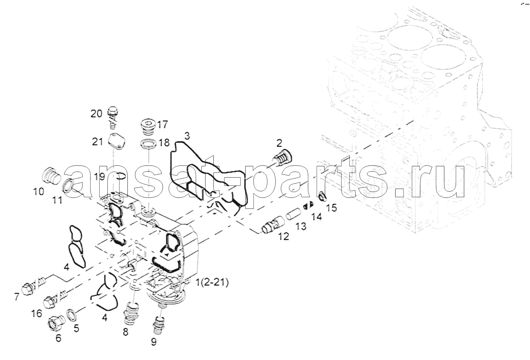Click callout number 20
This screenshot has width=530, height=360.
[96, 114]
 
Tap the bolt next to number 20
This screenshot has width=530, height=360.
[113, 117]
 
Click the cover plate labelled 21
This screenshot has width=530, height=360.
[117, 142]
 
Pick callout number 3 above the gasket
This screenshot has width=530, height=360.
[187, 136]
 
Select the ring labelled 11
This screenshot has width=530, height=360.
[68, 185]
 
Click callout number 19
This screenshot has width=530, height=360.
[99, 176]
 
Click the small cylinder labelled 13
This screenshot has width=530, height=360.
[293, 212]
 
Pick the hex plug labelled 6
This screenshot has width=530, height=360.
[56, 323]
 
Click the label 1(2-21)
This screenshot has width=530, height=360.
[212, 282]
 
